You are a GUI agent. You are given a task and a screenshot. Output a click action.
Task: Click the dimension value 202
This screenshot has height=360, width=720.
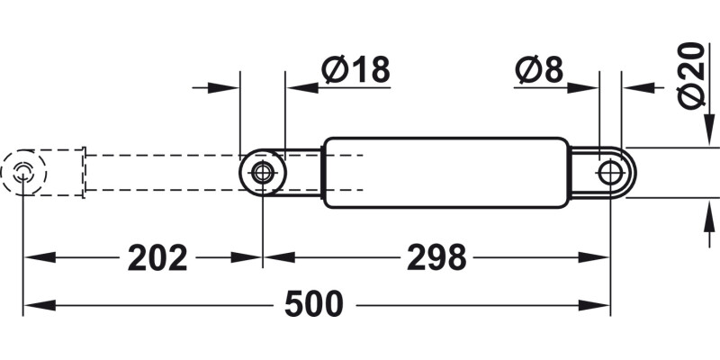click(x=157, y=258)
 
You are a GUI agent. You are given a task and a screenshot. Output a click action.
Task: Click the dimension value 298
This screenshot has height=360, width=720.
click(x=436, y=258)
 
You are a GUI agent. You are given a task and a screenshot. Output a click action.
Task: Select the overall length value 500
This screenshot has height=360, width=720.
click(x=314, y=305)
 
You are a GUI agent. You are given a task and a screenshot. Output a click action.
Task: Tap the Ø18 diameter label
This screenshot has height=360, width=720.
click(x=355, y=70)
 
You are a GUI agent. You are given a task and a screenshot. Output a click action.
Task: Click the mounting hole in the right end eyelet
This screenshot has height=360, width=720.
click(x=609, y=171)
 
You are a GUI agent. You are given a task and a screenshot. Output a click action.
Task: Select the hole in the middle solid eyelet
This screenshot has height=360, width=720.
click(x=263, y=173)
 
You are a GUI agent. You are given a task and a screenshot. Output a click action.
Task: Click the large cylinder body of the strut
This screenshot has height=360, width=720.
click(x=445, y=173)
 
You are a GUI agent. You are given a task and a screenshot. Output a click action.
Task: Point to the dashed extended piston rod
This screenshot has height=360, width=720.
click(x=162, y=173)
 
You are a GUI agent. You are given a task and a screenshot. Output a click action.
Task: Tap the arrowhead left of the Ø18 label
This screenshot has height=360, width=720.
click(x=297, y=88)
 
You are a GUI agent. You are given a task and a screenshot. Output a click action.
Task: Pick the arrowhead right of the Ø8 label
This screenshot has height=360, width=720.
click(x=586, y=88)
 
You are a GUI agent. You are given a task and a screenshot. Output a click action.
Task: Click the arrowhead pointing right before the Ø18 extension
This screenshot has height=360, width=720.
click(x=229, y=88)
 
